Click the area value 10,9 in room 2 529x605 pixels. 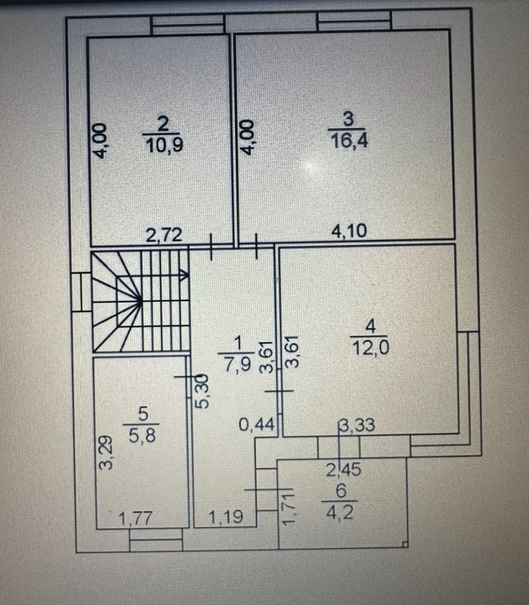(x=164, y=145)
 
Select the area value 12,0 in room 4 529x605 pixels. (x=370, y=348)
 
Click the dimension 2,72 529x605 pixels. (x=163, y=235)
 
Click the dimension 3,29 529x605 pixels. (x=107, y=452)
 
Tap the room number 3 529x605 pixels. (x=349, y=118)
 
